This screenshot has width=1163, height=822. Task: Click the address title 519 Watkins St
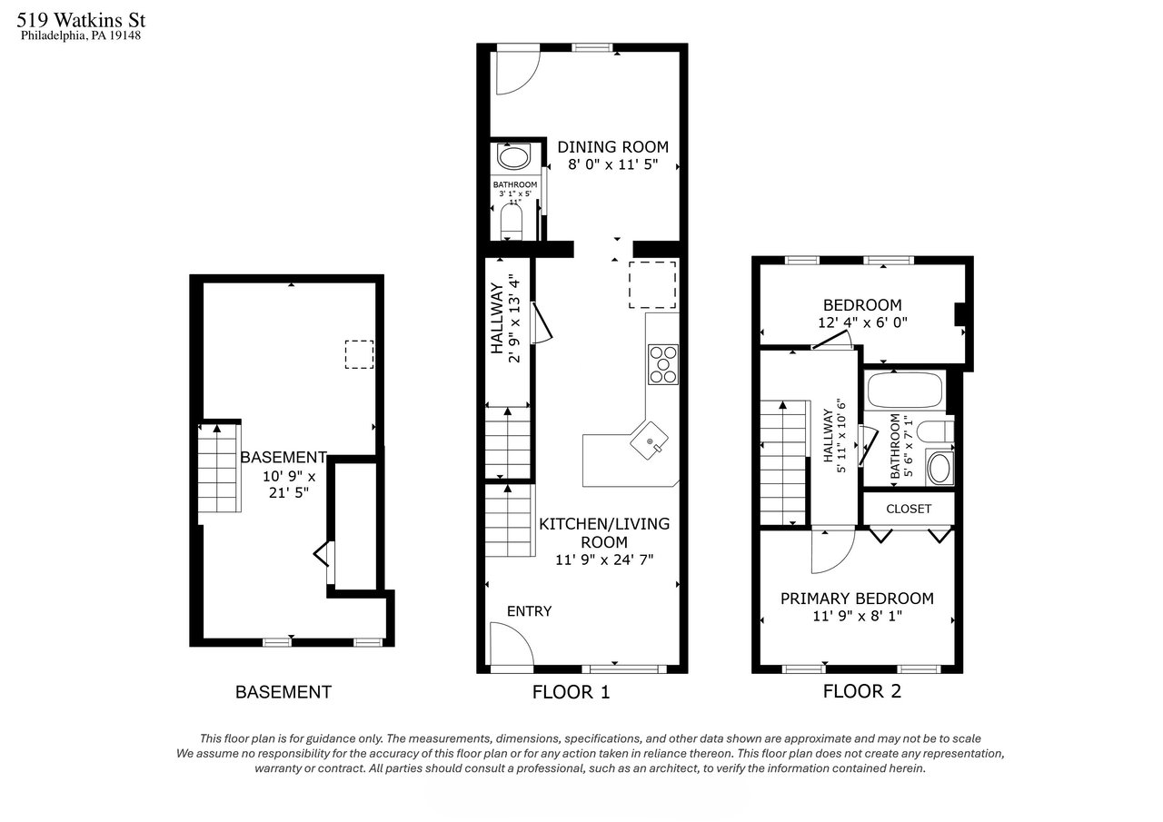pyautogui.click(x=81, y=20)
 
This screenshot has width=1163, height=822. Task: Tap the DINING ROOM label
pyautogui.click(x=612, y=147)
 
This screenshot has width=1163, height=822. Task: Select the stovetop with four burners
pyautogui.click(x=663, y=364)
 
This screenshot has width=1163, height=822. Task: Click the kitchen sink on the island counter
pyautogui.click(x=649, y=441)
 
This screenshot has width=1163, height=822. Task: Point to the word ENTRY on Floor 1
pyautogui.click(x=529, y=611)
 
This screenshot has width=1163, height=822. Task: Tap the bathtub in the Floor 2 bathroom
pyautogui.click(x=904, y=390)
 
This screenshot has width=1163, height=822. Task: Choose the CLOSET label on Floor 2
pyautogui.click(x=909, y=509)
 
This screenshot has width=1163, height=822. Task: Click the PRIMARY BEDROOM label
pyautogui.click(x=857, y=599)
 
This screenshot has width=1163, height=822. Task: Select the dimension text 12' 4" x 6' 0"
pyautogui.click(x=862, y=322)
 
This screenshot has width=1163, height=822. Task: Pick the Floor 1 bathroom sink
pyautogui.click(x=513, y=157)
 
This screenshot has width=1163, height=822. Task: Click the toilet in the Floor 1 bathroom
pyautogui.click(x=511, y=222)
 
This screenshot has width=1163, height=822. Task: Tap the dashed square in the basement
pyautogui.click(x=359, y=354)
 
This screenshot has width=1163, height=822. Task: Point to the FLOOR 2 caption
pyautogui.click(x=862, y=691)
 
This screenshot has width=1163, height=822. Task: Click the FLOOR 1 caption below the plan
pyautogui.click(x=571, y=692)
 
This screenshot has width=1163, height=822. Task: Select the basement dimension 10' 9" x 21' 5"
pyautogui.click(x=289, y=484)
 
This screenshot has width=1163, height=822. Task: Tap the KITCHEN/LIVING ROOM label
pyautogui.click(x=604, y=533)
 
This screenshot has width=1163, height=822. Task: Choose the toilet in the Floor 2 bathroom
pyautogui.click(x=935, y=431)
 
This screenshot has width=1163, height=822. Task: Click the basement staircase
pyautogui.click(x=220, y=468)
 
